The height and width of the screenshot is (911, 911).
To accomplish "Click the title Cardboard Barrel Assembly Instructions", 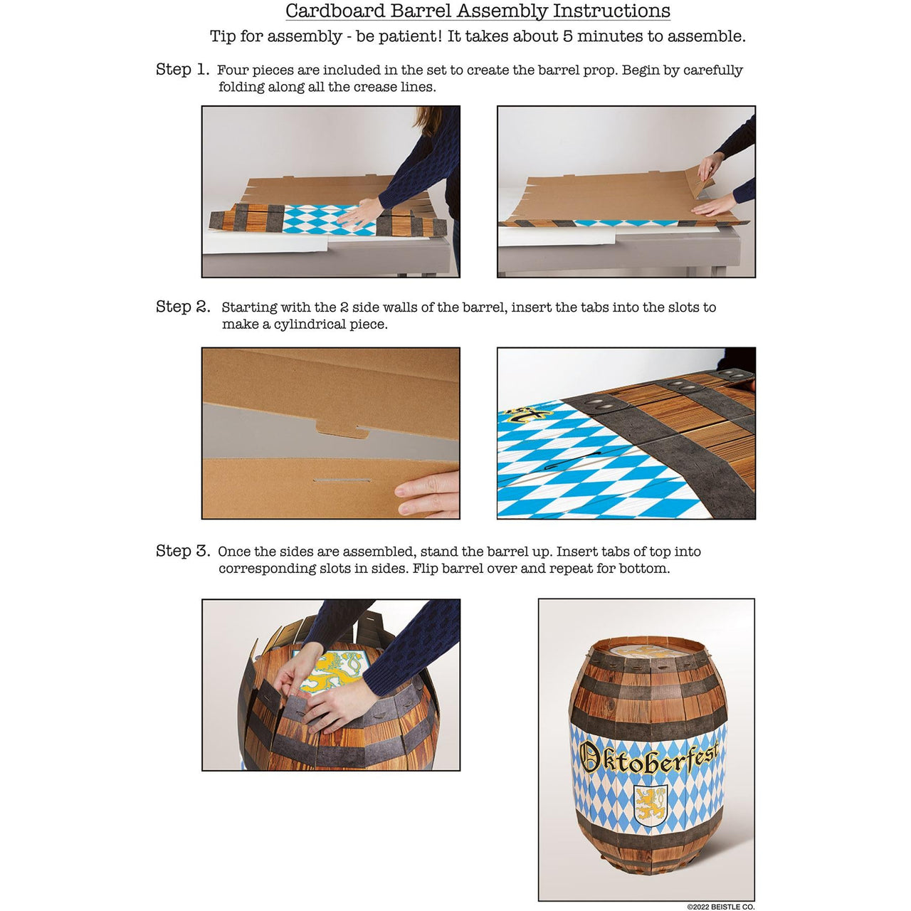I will point(478,11).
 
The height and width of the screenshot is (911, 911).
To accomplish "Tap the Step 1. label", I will point(182,70).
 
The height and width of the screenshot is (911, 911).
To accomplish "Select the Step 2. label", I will point(183,307).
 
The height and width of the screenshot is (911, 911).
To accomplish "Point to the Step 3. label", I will point(183,551).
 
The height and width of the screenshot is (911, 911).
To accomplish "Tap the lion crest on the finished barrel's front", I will point(651,804).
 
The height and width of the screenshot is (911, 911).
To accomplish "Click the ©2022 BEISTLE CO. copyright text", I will point(720,907).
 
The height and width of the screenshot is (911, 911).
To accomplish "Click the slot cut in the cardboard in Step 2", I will point(342,481).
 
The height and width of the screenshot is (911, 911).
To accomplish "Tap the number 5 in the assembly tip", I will point(567,36).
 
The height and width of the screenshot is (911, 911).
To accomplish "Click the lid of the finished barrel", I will point(648,649).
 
